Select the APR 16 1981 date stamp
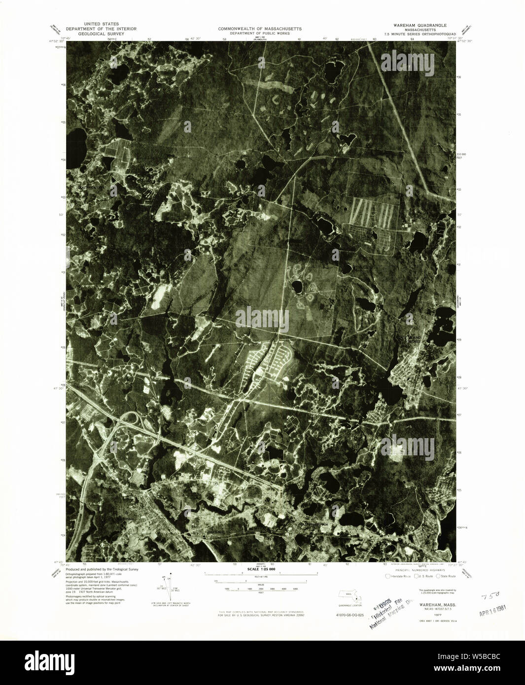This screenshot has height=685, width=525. [x=493, y=611]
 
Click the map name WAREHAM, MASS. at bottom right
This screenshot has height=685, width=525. [x=430, y=604]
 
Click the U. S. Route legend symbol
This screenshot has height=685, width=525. [x=417, y=576]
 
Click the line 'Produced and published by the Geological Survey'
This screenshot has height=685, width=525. [x=102, y=569]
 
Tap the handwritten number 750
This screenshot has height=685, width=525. [x=488, y=596]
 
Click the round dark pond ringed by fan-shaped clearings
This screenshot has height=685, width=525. [x=297, y=286]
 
